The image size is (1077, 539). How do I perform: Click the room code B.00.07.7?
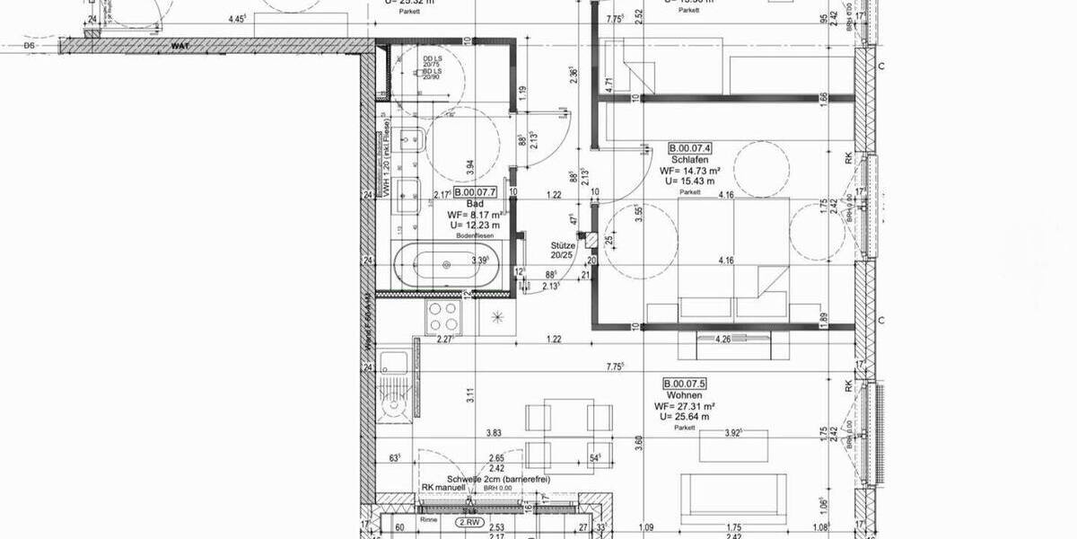click(475, 192)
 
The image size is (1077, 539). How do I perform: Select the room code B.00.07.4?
click(690, 147)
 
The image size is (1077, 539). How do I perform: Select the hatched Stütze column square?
click(590, 239)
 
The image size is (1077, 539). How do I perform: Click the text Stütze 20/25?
click(563, 249)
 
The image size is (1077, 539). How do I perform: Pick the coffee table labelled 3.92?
click(734, 442)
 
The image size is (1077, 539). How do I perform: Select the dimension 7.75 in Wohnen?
click(615, 366)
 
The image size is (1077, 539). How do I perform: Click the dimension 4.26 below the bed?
click(722, 340)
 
